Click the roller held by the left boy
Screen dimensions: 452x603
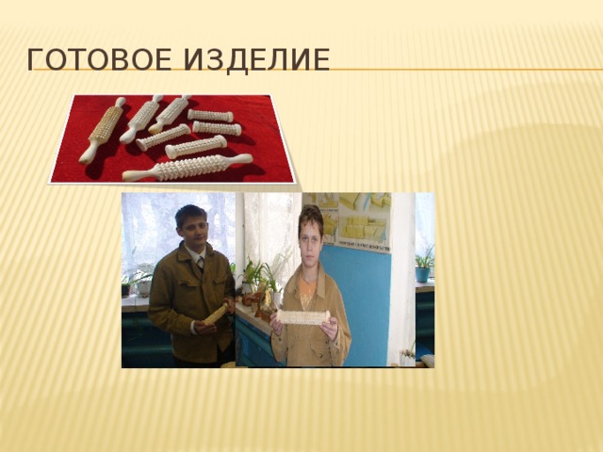click(x=216, y=315)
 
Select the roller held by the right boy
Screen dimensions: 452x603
click(x=302, y=317)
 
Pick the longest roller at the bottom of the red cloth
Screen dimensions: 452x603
click(x=188, y=168)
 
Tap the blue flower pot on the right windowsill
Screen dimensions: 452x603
click(x=422, y=273)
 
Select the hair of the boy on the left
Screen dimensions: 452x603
click(x=189, y=212)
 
